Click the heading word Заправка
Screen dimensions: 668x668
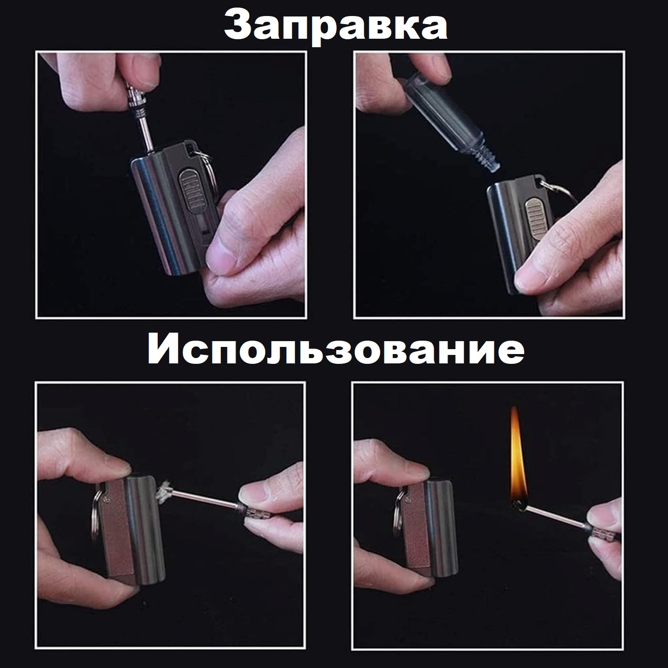[335, 24]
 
